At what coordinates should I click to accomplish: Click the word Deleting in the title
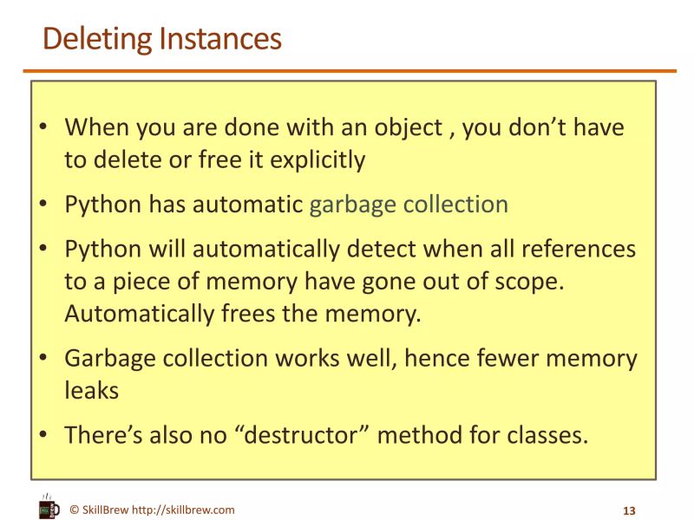click(x=98, y=39)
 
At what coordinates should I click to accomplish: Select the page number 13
click(x=630, y=510)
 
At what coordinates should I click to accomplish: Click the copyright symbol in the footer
click(x=75, y=510)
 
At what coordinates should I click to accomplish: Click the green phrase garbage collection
click(x=409, y=205)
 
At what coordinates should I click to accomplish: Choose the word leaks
click(x=91, y=390)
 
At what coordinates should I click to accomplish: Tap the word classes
click(x=541, y=434)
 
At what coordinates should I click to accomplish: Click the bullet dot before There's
click(x=43, y=435)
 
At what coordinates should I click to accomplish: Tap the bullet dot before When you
click(x=43, y=128)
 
